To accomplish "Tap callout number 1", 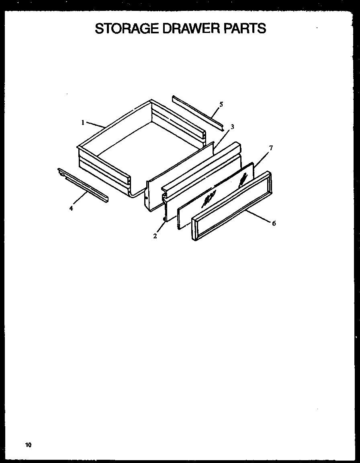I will [83, 123].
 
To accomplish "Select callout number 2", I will [155, 236].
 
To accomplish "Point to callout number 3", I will [232, 127].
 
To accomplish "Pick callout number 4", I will [71, 208].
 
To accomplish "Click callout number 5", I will [221, 104].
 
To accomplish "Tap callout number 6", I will [274, 223].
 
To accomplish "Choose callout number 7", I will [271, 148].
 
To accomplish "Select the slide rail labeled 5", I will [197, 112].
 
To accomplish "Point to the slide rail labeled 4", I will [82, 185].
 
